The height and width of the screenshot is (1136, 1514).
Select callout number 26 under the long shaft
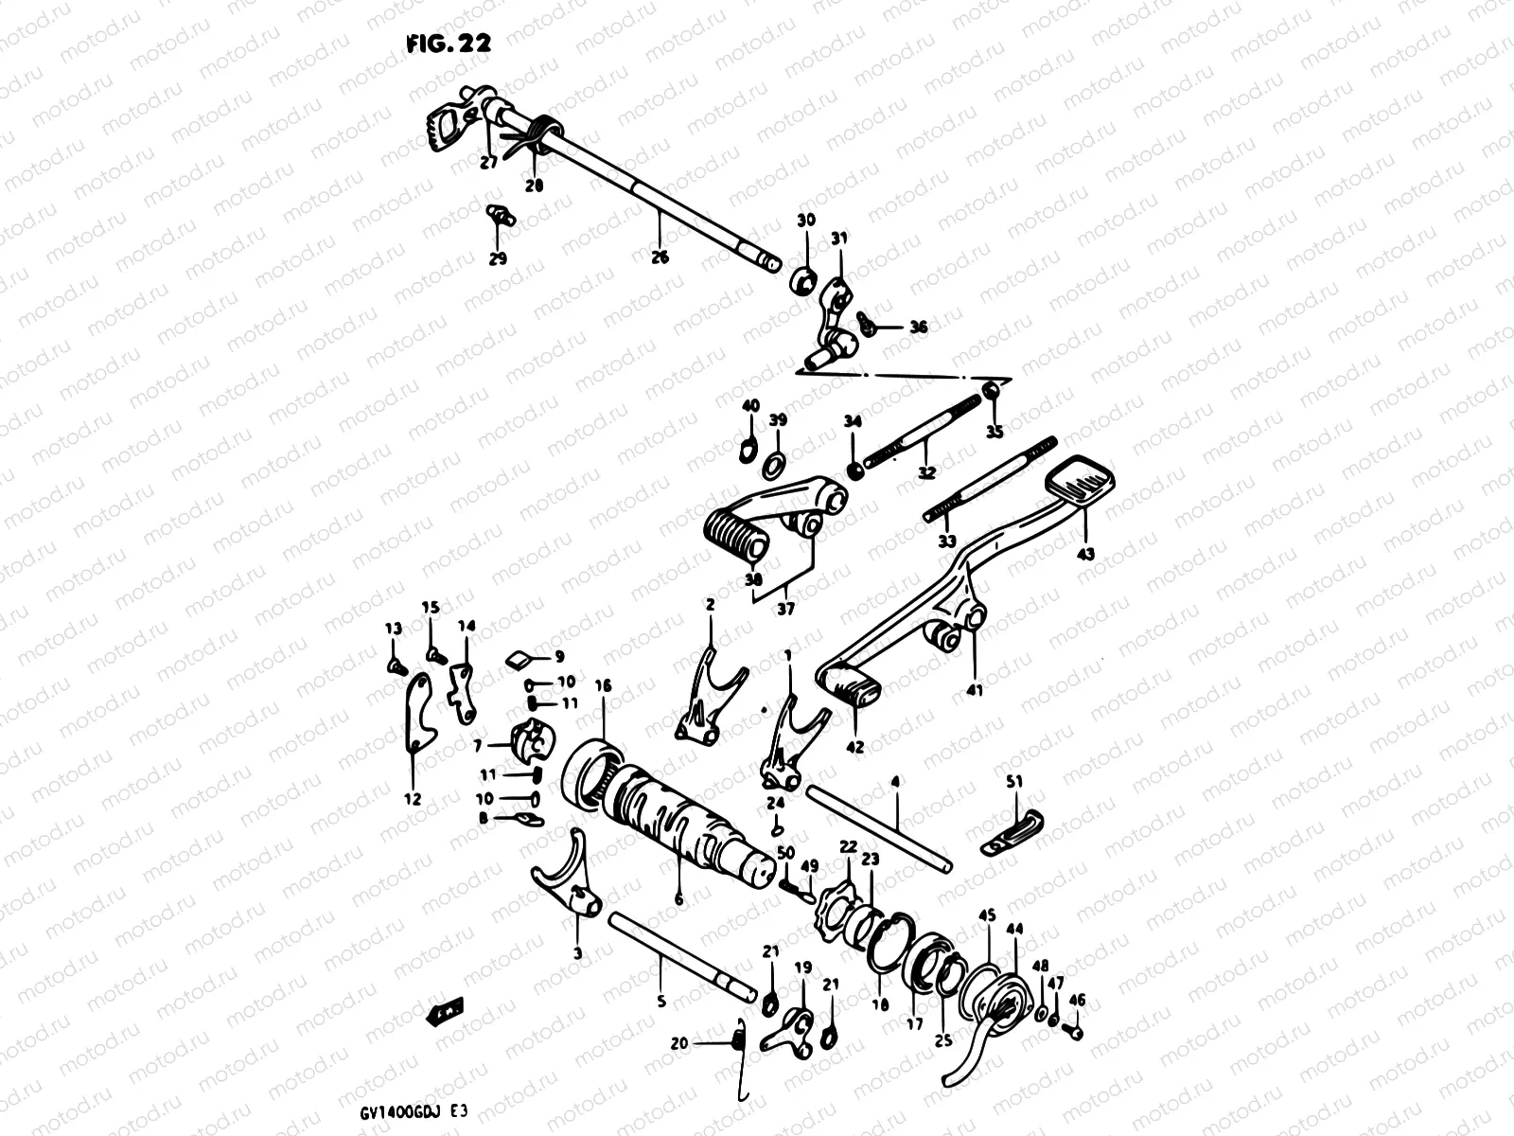pyautogui.click(x=660, y=257)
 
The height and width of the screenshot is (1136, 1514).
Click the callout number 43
pyautogui.click(x=1085, y=553)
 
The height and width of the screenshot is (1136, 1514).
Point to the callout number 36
pyautogui.click(x=918, y=328)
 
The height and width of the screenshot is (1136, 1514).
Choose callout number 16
pyautogui.click(x=603, y=684)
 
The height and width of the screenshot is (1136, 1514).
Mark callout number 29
pyautogui.click(x=498, y=257)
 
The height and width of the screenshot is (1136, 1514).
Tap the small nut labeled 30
pyautogui.click(x=804, y=278)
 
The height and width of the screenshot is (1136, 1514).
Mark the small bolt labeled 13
pyautogui.click(x=395, y=666)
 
